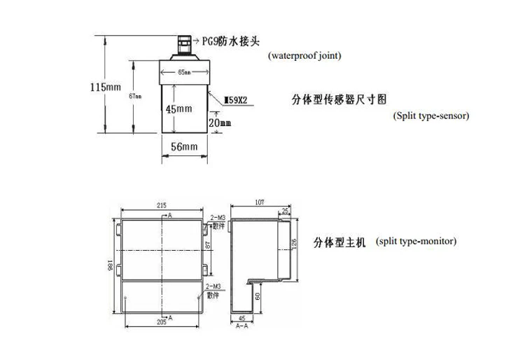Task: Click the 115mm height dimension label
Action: [106, 87]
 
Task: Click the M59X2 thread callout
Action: [238, 101]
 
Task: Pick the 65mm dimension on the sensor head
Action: [185, 71]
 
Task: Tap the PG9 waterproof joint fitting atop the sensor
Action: [185, 43]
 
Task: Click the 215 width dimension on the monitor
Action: [161, 206]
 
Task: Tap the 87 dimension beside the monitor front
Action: [208, 247]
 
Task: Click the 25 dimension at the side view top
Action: [285, 210]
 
